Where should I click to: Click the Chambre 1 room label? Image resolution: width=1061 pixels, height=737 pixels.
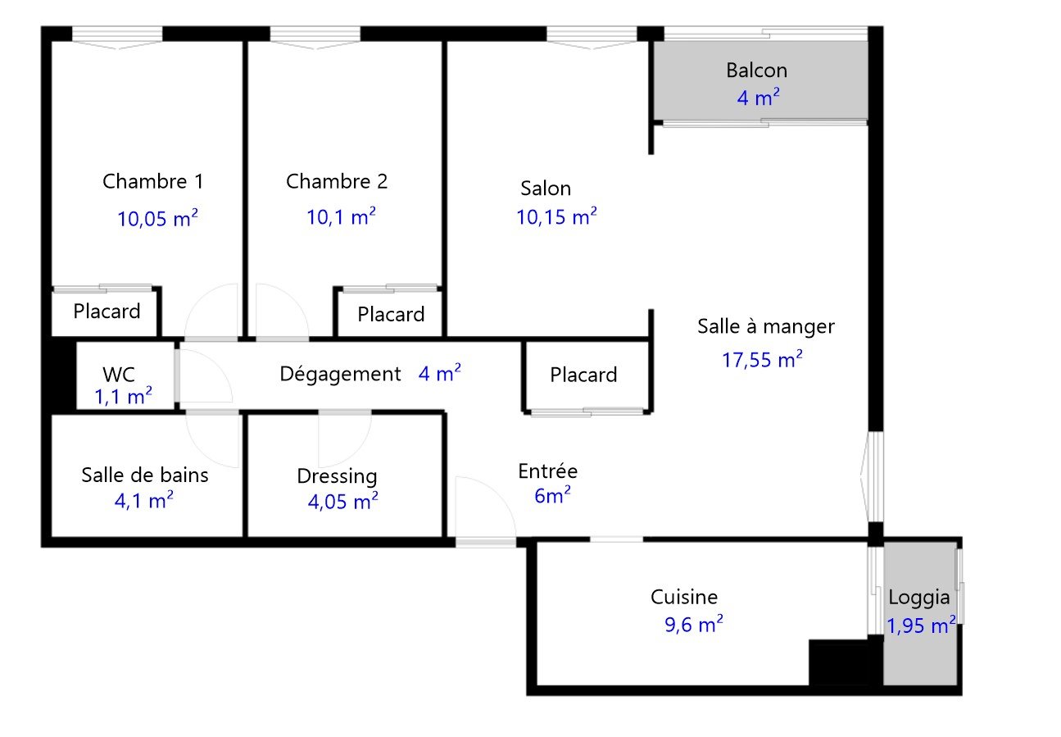[153, 181]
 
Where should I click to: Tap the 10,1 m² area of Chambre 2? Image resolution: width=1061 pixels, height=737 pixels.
[341, 217]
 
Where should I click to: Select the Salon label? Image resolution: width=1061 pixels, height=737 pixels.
[546, 189]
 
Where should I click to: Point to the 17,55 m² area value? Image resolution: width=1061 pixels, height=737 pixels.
[762, 359]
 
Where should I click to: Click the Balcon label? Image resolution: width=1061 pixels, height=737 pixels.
[757, 71]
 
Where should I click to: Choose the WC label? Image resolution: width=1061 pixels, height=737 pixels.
[119, 375]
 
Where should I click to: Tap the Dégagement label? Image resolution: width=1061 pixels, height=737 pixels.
[341, 375]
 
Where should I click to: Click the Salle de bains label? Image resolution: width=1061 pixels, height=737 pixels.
[145, 475]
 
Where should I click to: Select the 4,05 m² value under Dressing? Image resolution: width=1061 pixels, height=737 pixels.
[343, 502]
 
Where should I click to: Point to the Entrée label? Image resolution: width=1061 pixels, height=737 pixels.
[548, 471]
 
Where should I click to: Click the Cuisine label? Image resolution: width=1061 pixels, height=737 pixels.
[684, 597]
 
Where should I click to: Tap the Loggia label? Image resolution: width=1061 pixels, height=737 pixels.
[919, 598]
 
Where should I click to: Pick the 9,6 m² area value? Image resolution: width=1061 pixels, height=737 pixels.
[694, 624]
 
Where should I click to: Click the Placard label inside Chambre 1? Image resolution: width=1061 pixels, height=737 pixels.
[107, 312]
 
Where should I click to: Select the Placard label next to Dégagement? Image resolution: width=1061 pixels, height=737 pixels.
[583, 375]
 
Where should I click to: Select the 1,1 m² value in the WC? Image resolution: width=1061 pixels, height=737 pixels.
[123, 396]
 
